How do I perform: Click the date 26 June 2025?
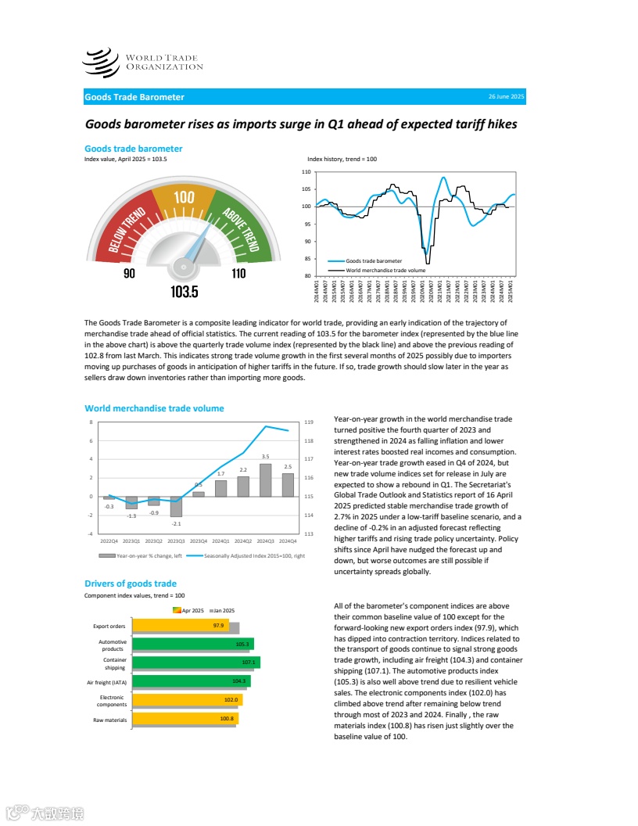click(x=506, y=96)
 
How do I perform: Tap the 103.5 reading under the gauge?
click(x=185, y=292)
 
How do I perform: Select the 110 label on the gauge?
click(x=238, y=273)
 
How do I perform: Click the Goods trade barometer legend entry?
click(x=374, y=260)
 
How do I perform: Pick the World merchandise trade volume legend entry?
click(x=385, y=270)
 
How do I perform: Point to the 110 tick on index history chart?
click(x=306, y=171)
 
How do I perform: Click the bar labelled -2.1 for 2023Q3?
click(x=177, y=506)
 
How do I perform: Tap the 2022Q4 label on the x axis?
click(x=109, y=540)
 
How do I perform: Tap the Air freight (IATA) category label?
click(x=109, y=682)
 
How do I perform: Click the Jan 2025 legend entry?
click(x=224, y=610)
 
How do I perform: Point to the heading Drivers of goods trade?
click(x=131, y=584)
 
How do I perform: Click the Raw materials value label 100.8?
click(x=227, y=719)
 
